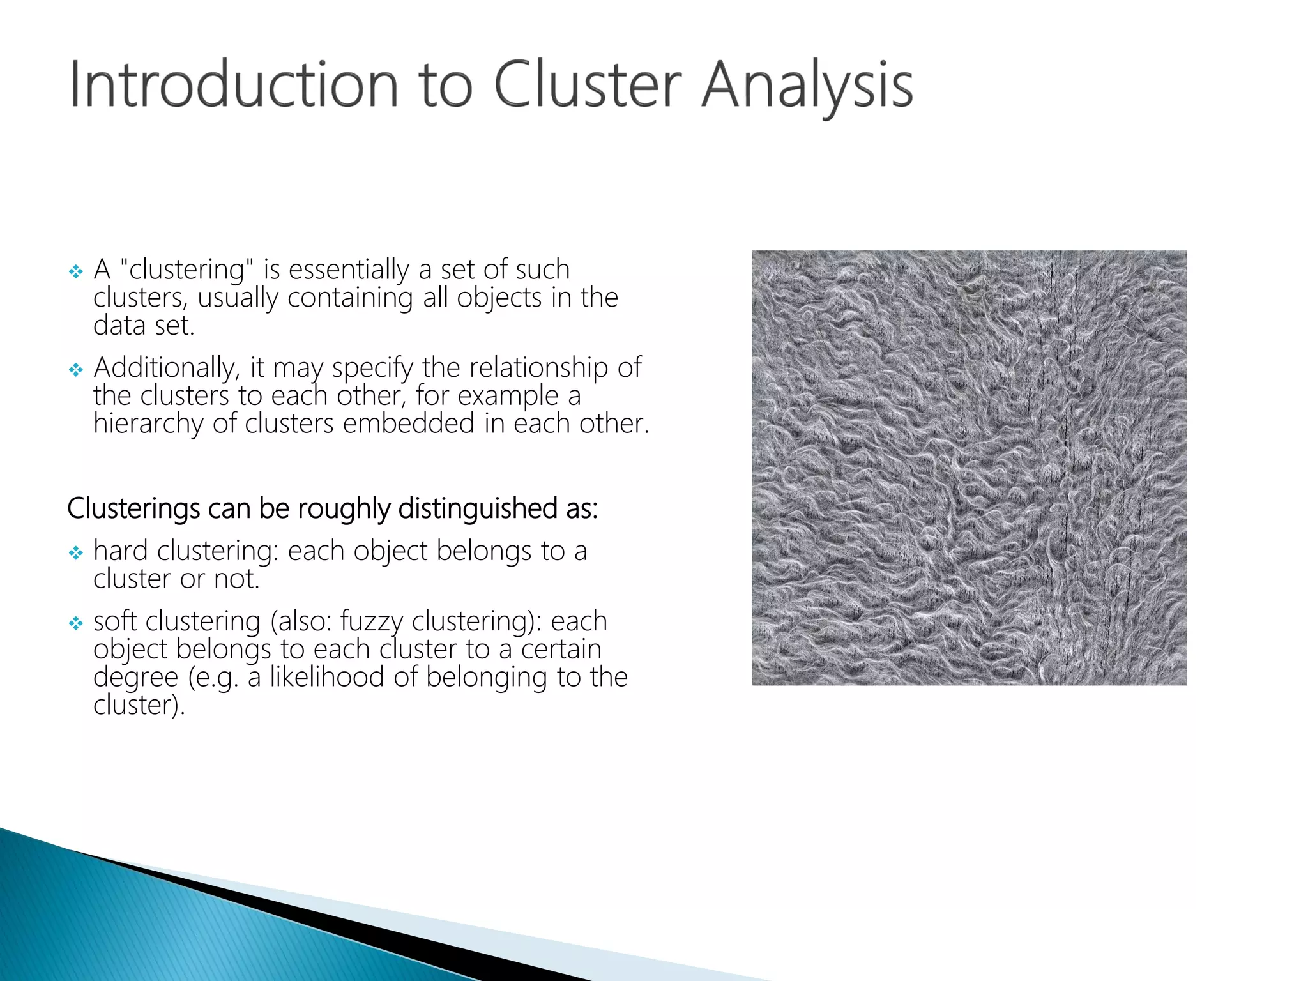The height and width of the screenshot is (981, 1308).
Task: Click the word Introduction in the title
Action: (234, 85)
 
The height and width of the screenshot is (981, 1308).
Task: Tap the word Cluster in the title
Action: (588, 85)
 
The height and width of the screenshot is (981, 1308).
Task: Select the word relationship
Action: (538, 367)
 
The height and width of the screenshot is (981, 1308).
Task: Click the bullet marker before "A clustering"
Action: (76, 272)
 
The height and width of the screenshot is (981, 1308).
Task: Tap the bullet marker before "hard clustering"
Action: (76, 553)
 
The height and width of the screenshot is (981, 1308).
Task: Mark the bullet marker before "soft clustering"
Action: (76, 623)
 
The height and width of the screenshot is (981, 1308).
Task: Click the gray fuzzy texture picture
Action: (969, 468)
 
